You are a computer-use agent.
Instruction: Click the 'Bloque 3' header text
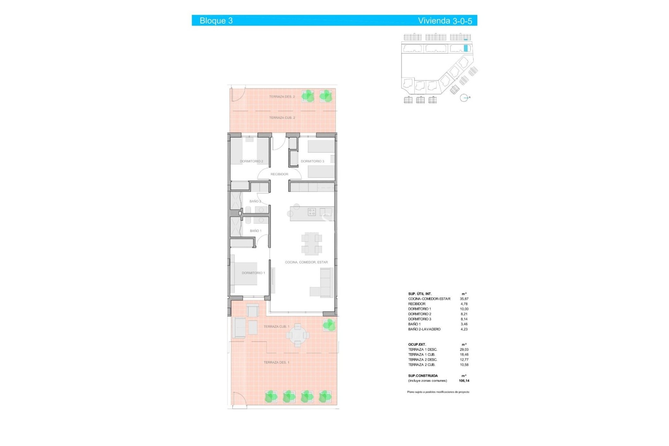(x=216, y=21)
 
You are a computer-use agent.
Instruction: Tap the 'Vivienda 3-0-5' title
(x=445, y=21)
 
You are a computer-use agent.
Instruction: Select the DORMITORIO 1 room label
(x=253, y=273)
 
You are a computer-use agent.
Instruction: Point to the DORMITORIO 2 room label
(x=251, y=162)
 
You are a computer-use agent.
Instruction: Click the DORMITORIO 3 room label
(x=312, y=161)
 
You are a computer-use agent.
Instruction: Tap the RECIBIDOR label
(x=279, y=174)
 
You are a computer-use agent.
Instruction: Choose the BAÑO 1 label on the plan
(x=255, y=231)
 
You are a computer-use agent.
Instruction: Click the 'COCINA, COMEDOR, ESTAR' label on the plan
(x=306, y=262)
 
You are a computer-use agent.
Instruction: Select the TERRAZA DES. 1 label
(x=276, y=363)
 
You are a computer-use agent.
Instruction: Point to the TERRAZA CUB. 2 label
(x=282, y=118)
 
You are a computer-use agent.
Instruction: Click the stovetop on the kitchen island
(x=312, y=212)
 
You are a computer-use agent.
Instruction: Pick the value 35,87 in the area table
(x=464, y=299)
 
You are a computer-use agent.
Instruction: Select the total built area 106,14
(x=464, y=381)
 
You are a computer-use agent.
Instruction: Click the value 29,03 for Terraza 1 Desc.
(x=464, y=349)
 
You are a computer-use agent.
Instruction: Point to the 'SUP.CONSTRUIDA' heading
(x=423, y=376)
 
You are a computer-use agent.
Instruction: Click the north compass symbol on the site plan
(x=464, y=98)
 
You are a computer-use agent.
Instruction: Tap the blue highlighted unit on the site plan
(x=466, y=48)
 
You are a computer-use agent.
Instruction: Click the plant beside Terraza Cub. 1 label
(x=329, y=325)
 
